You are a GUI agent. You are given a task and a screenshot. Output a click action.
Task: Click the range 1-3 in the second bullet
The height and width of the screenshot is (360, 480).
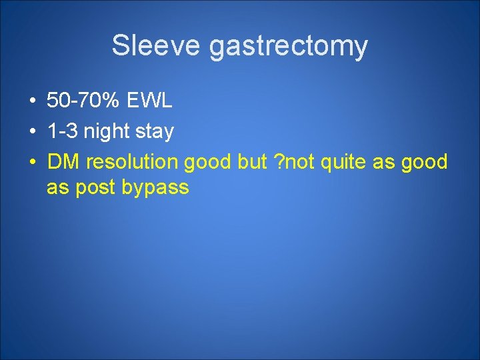pos(61,131)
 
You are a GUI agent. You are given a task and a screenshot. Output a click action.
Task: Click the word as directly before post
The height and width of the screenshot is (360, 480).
pos(58,188)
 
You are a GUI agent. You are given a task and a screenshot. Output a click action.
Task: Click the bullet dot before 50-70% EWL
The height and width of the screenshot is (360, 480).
pos(32,102)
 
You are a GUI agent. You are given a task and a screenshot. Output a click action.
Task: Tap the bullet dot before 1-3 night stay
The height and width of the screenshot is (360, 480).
pos(32,132)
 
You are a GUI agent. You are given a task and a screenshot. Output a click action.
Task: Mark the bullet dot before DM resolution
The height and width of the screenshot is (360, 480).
pos(32,162)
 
